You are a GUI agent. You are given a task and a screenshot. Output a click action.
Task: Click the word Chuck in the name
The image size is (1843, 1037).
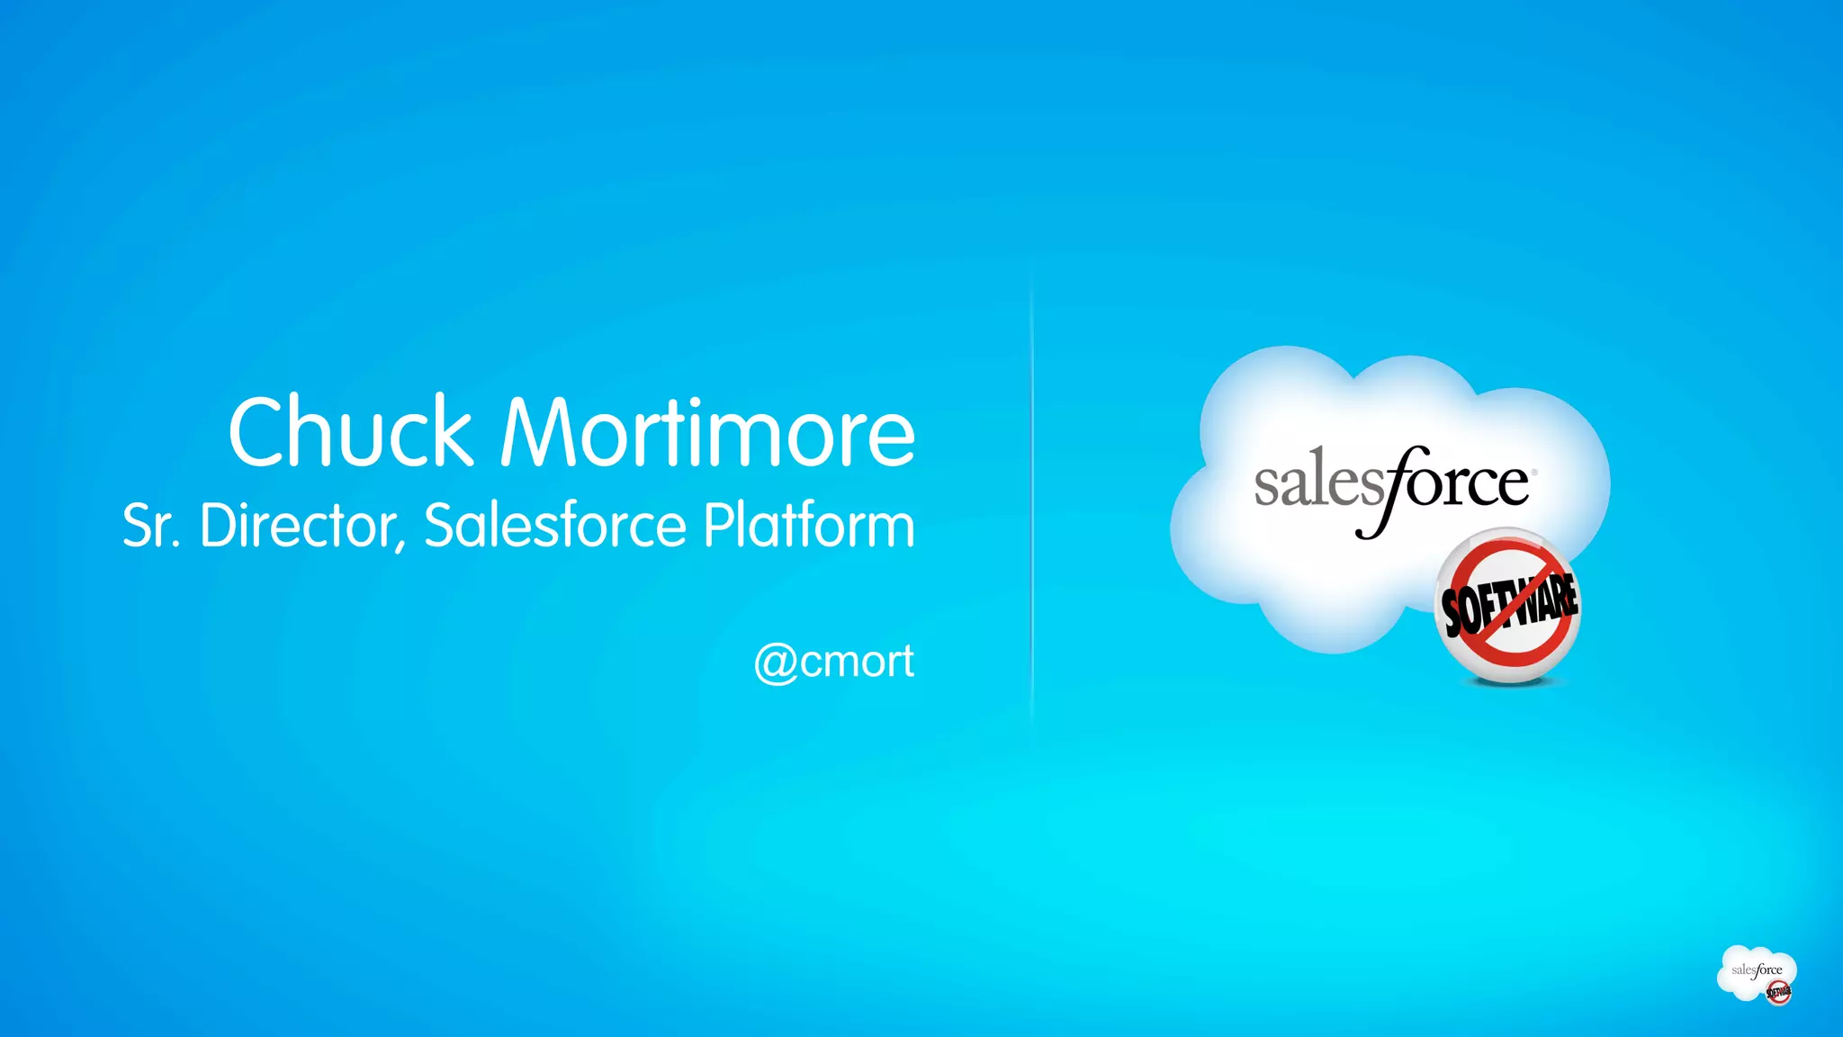(x=351, y=433)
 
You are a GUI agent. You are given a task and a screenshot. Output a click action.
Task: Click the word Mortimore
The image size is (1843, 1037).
(x=708, y=433)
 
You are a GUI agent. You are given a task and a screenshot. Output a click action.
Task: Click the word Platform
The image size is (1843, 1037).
(x=808, y=526)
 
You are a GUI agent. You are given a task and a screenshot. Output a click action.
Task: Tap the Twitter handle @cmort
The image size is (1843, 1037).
(x=834, y=662)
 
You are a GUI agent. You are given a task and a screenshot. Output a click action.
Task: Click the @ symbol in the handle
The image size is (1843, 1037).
(x=775, y=663)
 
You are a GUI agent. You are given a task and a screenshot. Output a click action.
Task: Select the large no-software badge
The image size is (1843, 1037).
(x=1508, y=606)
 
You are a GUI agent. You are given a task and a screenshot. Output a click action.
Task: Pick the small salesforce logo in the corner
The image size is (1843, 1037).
(x=1757, y=974)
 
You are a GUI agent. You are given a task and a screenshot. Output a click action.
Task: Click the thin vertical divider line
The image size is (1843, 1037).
(x=1031, y=504)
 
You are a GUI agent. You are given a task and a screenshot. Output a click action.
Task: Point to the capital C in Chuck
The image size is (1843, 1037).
(x=261, y=433)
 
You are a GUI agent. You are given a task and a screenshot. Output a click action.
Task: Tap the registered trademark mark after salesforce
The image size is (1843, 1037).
(x=1534, y=472)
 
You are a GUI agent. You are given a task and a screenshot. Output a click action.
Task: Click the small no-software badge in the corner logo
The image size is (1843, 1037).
(x=1778, y=993)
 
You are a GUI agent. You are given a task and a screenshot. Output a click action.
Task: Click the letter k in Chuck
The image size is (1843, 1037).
(x=450, y=433)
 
